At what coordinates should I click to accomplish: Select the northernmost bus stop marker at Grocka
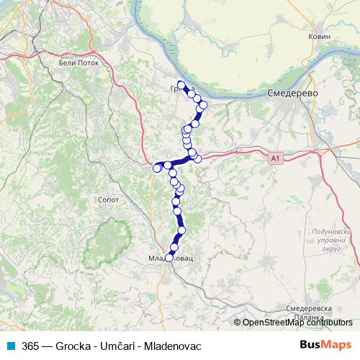[x=181, y=84]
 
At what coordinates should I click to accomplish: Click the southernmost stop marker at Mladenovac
[x=169, y=257]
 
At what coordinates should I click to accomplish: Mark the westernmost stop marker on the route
[x=157, y=168]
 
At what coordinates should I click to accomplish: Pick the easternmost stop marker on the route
[x=203, y=105]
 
